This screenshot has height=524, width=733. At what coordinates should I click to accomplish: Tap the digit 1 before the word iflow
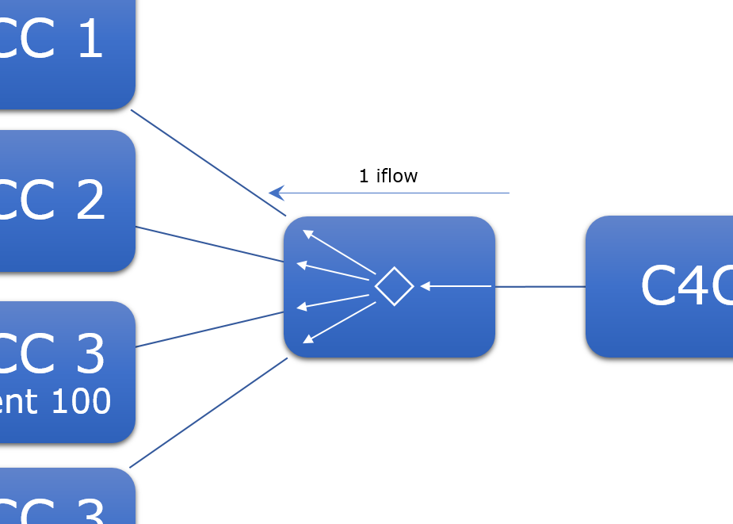pyautogui.click(x=364, y=176)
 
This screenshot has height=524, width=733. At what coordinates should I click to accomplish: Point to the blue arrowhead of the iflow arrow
pyautogui.click(x=276, y=193)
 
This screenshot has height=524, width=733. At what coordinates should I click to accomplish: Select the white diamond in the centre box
pyautogui.click(x=394, y=286)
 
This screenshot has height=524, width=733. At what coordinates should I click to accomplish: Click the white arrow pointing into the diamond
pyautogui.click(x=456, y=285)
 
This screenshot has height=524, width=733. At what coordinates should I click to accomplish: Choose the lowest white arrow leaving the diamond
pyautogui.click(x=339, y=323)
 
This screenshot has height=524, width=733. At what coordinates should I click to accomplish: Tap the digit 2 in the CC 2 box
pyautogui.click(x=91, y=200)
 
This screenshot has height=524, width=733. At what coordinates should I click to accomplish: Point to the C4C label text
pyautogui.click(x=686, y=285)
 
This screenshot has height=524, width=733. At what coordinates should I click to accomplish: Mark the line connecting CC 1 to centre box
pyautogui.click(x=208, y=162)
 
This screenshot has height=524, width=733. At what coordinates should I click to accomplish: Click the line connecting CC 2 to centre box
pyautogui.click(x=210, y=244)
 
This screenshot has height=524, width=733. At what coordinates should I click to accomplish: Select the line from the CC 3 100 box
pyautogui.click(x=210, y=329)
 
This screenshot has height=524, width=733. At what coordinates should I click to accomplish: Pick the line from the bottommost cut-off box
pyautogui.click(x=208, y=413)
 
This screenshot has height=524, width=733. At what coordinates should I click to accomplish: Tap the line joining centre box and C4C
pyautogui.click(x=540, y=286)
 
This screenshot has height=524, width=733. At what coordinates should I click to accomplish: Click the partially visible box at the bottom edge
pyautogui.click(x=67, y=499)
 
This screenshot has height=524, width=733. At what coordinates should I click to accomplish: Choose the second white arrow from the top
pyautogui.click(x=333, y=271)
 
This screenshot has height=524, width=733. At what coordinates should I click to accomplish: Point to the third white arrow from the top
pyautogui.click(x=333, y=300)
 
